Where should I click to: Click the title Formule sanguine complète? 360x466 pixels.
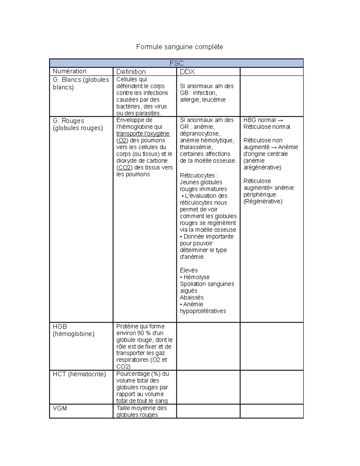pos(179,47)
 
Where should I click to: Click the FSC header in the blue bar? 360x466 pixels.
pos(176,63)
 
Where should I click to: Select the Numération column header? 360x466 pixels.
pos(70,71)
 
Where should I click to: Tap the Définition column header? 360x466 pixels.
pos(131,72)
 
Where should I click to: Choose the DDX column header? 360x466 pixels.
pos(187,72)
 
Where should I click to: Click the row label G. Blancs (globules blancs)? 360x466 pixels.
pos(81,83)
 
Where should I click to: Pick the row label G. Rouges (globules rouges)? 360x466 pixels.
pos(78,124)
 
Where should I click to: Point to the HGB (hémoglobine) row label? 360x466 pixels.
pos(73,330)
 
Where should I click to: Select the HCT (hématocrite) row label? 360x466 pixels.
pos(79,374)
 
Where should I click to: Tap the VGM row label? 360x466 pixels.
pos(60,408)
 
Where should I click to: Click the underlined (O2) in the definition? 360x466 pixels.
pos(122,140)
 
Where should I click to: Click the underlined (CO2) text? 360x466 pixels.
pos(124,167)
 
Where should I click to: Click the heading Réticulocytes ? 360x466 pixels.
pos(199,176)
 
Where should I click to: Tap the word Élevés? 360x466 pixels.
pos(189,270)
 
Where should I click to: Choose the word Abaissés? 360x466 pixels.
pos(192,297)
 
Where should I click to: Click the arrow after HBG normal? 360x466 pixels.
pos(280,120)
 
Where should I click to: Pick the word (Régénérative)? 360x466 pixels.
pos(263,201)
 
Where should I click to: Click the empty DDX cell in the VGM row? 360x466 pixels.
pos(208,411)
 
